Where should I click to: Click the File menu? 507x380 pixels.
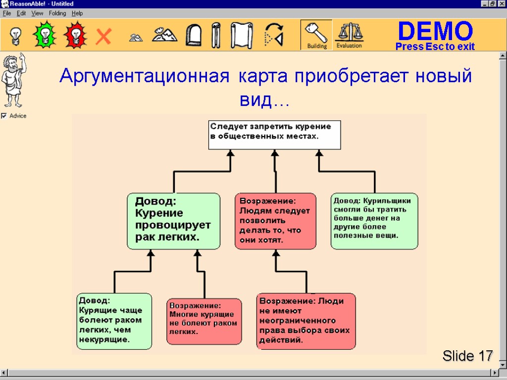7,13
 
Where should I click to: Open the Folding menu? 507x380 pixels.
57,13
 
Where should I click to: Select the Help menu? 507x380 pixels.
77,13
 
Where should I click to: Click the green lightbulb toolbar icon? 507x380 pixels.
45,35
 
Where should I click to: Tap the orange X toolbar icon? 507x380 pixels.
103,36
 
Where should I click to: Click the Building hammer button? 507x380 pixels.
316,35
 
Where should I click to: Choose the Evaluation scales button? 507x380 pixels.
349,35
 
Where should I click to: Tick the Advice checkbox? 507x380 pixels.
4,116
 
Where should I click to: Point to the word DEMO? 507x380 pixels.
435,32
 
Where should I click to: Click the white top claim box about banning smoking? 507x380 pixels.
274,134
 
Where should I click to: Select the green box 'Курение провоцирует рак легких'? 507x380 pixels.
173,221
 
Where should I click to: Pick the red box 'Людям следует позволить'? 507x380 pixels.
275,221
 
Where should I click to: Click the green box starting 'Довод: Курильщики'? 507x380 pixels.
374,221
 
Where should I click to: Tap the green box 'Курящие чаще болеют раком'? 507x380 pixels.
114,321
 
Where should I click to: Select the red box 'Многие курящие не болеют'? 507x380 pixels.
204,321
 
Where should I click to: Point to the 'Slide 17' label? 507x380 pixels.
467,355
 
